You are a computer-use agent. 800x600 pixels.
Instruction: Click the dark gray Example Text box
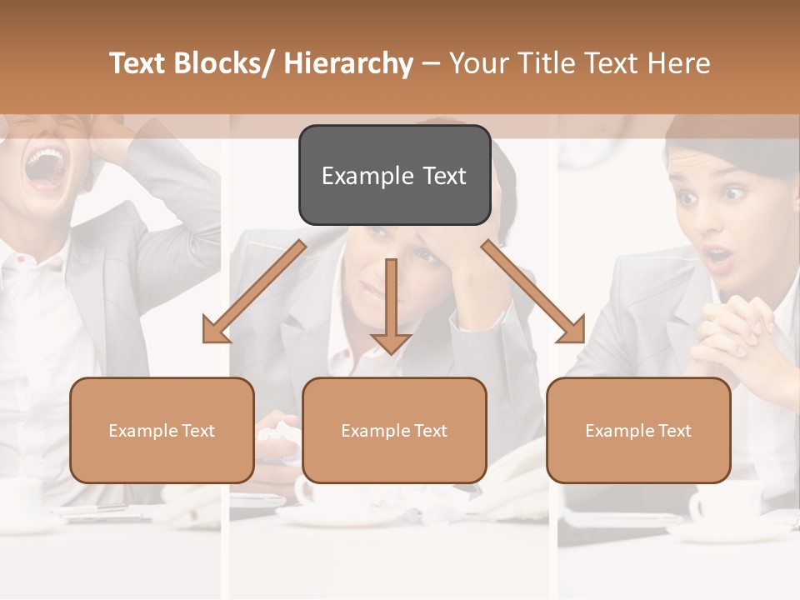click(x=394, y=175)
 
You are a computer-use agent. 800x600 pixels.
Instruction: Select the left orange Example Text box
click(x=162, y=430)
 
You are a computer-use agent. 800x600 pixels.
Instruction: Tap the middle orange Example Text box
click(x=394, y=430)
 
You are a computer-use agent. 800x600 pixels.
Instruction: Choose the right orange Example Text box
click(x=638, y=430)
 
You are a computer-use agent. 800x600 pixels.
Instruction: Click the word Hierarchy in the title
click(x=348, y=63)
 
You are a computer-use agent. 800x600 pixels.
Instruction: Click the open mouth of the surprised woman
click(x=718, y=257)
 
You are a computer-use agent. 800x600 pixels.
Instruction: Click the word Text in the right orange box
click(x=673, y=431)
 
